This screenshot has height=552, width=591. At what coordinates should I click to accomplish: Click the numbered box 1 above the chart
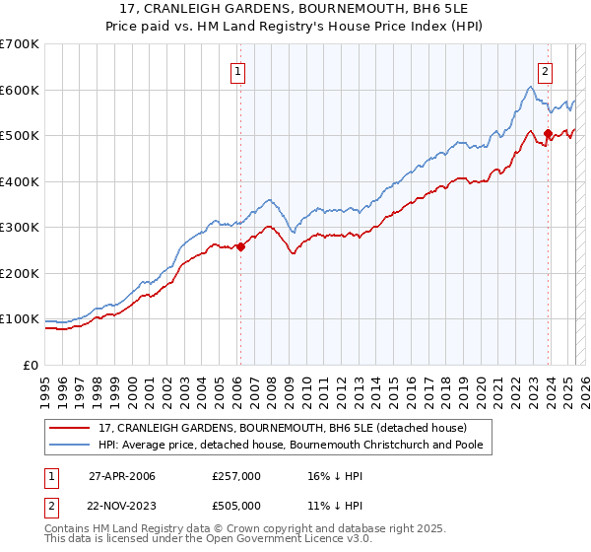coord(239,70)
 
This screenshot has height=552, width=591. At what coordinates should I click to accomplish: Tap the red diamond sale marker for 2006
coord(240,247)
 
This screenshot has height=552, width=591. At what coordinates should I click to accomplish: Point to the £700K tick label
coord(20,44)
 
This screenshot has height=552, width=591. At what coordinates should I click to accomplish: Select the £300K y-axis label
coord(20,227)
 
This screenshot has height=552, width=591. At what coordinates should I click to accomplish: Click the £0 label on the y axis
coord(33,365)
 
